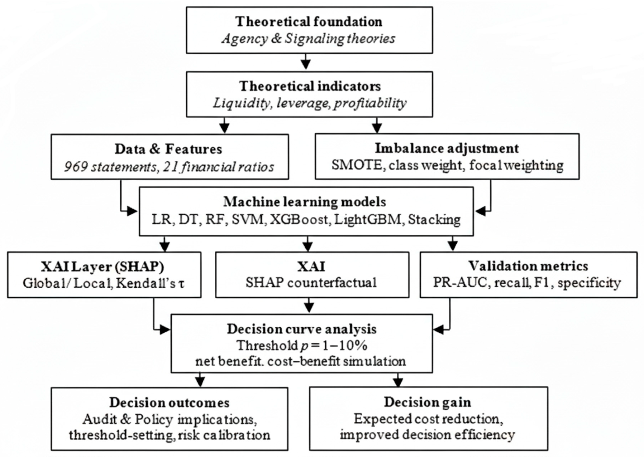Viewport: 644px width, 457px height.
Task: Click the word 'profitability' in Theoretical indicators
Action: (x=370, y=103)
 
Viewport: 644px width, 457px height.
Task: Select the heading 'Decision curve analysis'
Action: (x=301, y=329)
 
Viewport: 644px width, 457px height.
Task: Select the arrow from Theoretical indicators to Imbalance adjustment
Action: (x=377, y=126)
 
